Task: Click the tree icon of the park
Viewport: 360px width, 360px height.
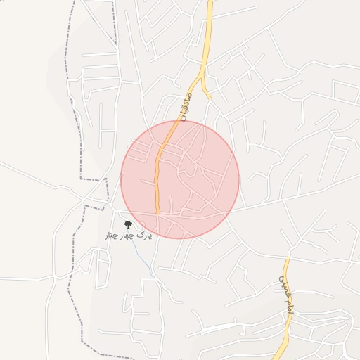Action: [x=128, y=224]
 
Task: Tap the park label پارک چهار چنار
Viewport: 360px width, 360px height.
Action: [x=128, y=234]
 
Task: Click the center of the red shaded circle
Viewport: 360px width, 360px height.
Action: [x=180, y=180]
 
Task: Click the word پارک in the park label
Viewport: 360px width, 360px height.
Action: [x=143, y=234]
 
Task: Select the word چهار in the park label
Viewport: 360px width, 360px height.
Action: [x=127, y=234]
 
